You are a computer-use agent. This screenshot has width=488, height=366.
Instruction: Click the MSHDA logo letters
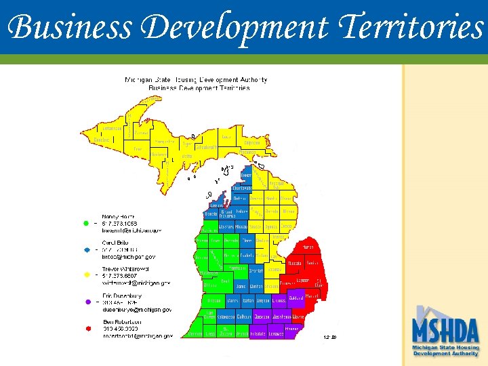(445, 331)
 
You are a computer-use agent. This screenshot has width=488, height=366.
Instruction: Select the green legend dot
(86, 223)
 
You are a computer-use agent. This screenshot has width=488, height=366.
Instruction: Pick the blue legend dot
(86, 249)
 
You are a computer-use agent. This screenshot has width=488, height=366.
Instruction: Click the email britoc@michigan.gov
(129, 257)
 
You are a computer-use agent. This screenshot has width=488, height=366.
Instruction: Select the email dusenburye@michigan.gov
(137, 310)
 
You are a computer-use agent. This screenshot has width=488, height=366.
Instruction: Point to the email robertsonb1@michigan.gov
(138, 335)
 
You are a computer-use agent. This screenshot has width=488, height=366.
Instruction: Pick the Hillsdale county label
(258, 334)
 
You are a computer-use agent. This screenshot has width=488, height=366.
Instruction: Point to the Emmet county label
(246, 175)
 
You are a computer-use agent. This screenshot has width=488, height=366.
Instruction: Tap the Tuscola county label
(295, 263)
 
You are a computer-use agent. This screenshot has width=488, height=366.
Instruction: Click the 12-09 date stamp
(331, 336)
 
